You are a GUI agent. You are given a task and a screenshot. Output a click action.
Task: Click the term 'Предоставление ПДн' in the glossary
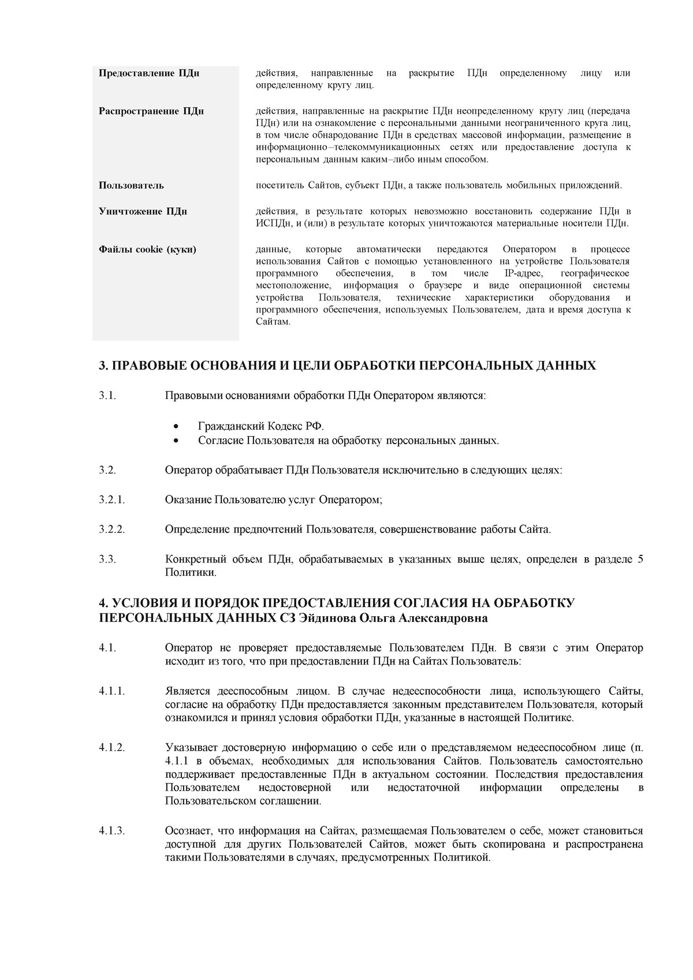(149, 73)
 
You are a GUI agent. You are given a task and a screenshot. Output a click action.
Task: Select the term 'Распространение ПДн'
(151, 111)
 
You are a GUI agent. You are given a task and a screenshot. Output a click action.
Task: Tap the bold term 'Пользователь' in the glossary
(131, 185)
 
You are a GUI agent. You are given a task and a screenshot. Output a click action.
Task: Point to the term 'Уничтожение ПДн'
(143, 211)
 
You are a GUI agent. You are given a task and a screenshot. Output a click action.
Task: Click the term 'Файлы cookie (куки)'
(147, 249)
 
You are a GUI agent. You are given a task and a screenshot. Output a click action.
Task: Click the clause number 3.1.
(107, 396)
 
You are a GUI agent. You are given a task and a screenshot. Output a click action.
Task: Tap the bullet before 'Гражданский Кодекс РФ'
(177, 427)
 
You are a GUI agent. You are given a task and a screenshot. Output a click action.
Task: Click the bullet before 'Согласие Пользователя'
(177, 441)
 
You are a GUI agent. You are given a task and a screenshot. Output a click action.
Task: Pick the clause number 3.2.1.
(112, 500)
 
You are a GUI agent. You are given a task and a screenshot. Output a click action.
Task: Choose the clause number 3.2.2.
(112, 530)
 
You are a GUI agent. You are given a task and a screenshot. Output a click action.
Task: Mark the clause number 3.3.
(107, 559)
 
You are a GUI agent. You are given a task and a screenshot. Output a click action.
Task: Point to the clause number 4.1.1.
(112, 692)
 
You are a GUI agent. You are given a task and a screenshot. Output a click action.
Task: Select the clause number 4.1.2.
(112, 748)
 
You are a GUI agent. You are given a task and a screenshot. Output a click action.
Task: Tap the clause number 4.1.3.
(112, 831)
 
